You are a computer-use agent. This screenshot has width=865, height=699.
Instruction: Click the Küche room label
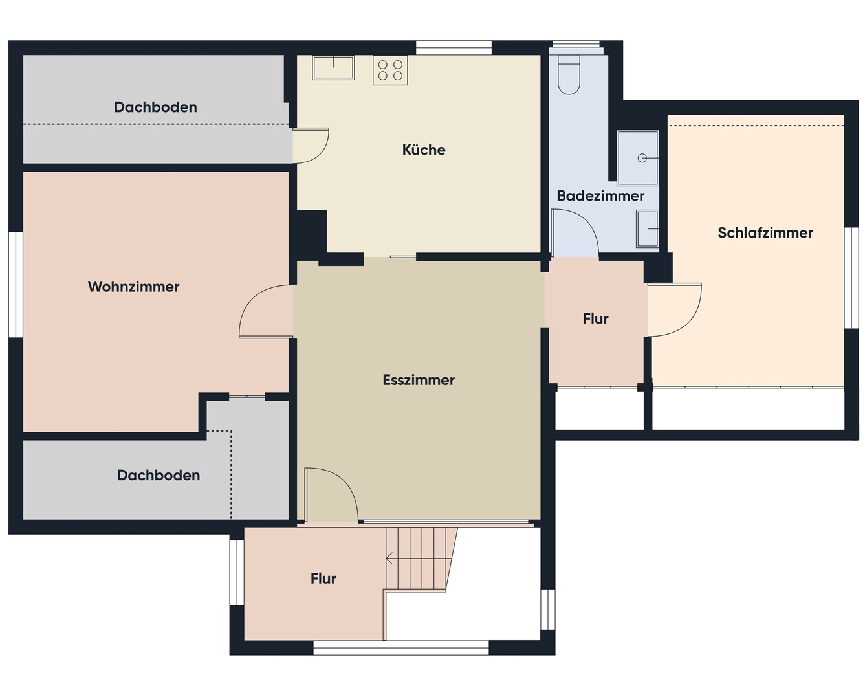424,150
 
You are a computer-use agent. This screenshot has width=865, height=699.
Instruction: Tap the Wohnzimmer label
134,287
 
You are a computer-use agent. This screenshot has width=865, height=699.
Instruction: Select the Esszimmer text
419,380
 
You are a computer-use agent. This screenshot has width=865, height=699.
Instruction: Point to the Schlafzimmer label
765,233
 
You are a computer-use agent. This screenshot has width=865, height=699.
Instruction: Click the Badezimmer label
600,195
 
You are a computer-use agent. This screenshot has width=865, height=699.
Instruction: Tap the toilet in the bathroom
569,74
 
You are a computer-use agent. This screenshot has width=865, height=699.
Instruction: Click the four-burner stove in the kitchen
390,71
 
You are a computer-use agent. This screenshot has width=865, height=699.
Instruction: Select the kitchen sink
333,68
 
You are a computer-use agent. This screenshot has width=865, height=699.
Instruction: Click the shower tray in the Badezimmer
637,158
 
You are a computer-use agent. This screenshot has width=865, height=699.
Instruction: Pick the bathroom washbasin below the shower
648,229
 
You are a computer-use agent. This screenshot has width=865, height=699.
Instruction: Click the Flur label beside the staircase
323,579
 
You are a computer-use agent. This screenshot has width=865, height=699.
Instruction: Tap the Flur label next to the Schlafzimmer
595,319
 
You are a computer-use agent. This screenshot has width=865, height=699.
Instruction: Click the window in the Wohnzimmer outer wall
16,285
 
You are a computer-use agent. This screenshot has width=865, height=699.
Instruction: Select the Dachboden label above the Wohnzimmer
155,107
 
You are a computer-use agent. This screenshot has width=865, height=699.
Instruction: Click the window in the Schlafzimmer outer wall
851,278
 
